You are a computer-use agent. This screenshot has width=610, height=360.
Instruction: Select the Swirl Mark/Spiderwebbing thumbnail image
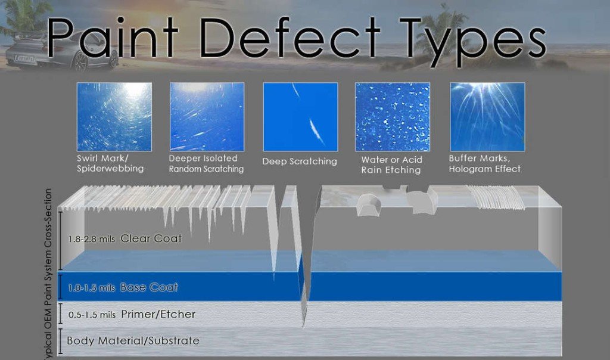click(x=114, y=117)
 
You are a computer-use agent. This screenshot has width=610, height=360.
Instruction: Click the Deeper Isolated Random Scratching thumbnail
click(x=207, y=117)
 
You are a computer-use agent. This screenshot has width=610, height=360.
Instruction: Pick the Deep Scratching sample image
click(x=300, y=117)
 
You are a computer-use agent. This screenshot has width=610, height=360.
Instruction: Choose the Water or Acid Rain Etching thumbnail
click(x=393, y=117)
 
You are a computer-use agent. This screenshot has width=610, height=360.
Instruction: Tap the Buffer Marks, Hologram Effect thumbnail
click(x=487, y=117)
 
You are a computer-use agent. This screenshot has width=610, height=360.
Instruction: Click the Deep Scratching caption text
click(x=300, y=162)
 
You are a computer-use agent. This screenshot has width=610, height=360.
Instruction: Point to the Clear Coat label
click(x=151, y=238)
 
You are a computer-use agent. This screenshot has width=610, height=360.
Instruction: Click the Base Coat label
click(x=149, y=287)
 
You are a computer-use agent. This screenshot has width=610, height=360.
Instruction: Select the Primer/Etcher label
click(x=158, y=314)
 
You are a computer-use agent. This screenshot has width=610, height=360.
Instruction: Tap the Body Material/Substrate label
click(x=133, y=340)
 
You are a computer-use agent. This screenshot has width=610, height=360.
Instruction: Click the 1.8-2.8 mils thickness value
click(x=91, y=239)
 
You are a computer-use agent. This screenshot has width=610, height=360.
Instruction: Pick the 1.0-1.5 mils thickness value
click(x=91, y=288)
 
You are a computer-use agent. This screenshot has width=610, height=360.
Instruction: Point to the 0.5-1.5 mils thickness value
click(x=92, y=315)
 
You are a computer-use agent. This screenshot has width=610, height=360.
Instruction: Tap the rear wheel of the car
click(x=81, y=61)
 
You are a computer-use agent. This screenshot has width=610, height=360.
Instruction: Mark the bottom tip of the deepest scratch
click(x=303, y=326)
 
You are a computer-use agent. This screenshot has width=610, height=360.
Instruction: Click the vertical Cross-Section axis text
click(x=48, y=274)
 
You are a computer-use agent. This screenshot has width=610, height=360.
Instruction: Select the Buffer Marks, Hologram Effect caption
click(x=485, y=163)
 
